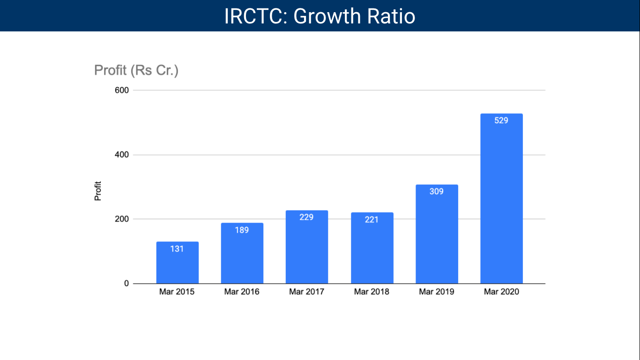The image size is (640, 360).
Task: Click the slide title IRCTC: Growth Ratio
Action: (320, 16)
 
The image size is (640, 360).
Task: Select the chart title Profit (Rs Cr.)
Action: (136, 70)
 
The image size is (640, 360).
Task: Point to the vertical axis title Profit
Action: (98, 191)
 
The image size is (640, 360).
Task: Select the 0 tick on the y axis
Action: (126, 284)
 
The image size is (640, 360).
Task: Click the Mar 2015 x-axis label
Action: (177, 292)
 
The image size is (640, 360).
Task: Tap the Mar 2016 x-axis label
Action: (242, 292)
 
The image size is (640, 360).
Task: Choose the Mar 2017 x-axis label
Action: (306, 292)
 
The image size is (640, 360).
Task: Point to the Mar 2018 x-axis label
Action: (372, 292)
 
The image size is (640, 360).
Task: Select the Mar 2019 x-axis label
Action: (437, 292)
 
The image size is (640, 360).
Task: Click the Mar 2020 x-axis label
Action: (501, 292)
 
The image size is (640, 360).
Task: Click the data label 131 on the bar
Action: (177, 249)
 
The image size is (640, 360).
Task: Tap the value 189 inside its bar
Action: (242, 230)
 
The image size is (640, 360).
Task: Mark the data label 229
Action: (306, 217)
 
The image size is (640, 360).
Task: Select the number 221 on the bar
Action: (372, 219)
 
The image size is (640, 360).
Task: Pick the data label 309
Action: (437, 191)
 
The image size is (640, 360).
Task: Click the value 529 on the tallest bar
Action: (501, 120)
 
